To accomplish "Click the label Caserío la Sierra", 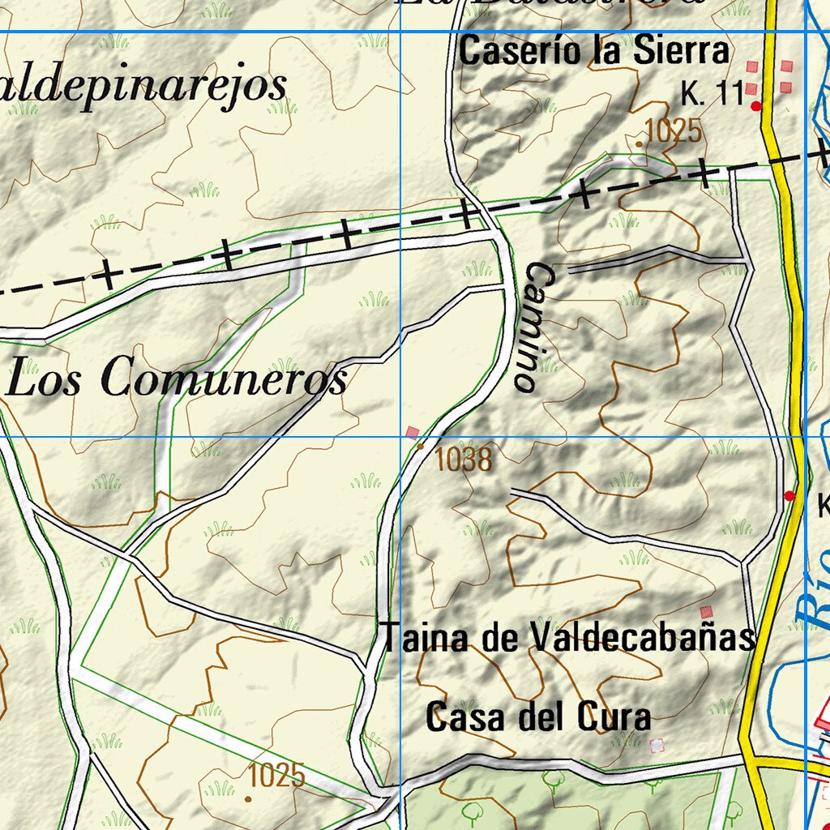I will [x=594, y=52].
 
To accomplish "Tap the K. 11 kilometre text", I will [x=712, y=95].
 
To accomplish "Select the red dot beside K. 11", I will [x=756, y=106].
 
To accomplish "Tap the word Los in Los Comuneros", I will [x=45, y=379].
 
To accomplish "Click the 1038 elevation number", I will [x=463, y=460].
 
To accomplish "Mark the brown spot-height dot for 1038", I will [x=420, y=446].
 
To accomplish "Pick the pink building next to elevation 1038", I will [x=413, y=433].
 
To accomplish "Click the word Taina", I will [x=425, y=637].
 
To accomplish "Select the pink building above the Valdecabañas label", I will [x=706, y=612].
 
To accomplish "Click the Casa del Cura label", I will [x=538, y=717].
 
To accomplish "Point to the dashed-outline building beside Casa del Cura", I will [x=657, y=744].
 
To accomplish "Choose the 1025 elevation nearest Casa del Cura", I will [x=276, y=776].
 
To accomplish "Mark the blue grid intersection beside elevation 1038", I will [x=400, y=436].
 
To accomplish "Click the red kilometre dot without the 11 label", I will [x=789, y=495].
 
